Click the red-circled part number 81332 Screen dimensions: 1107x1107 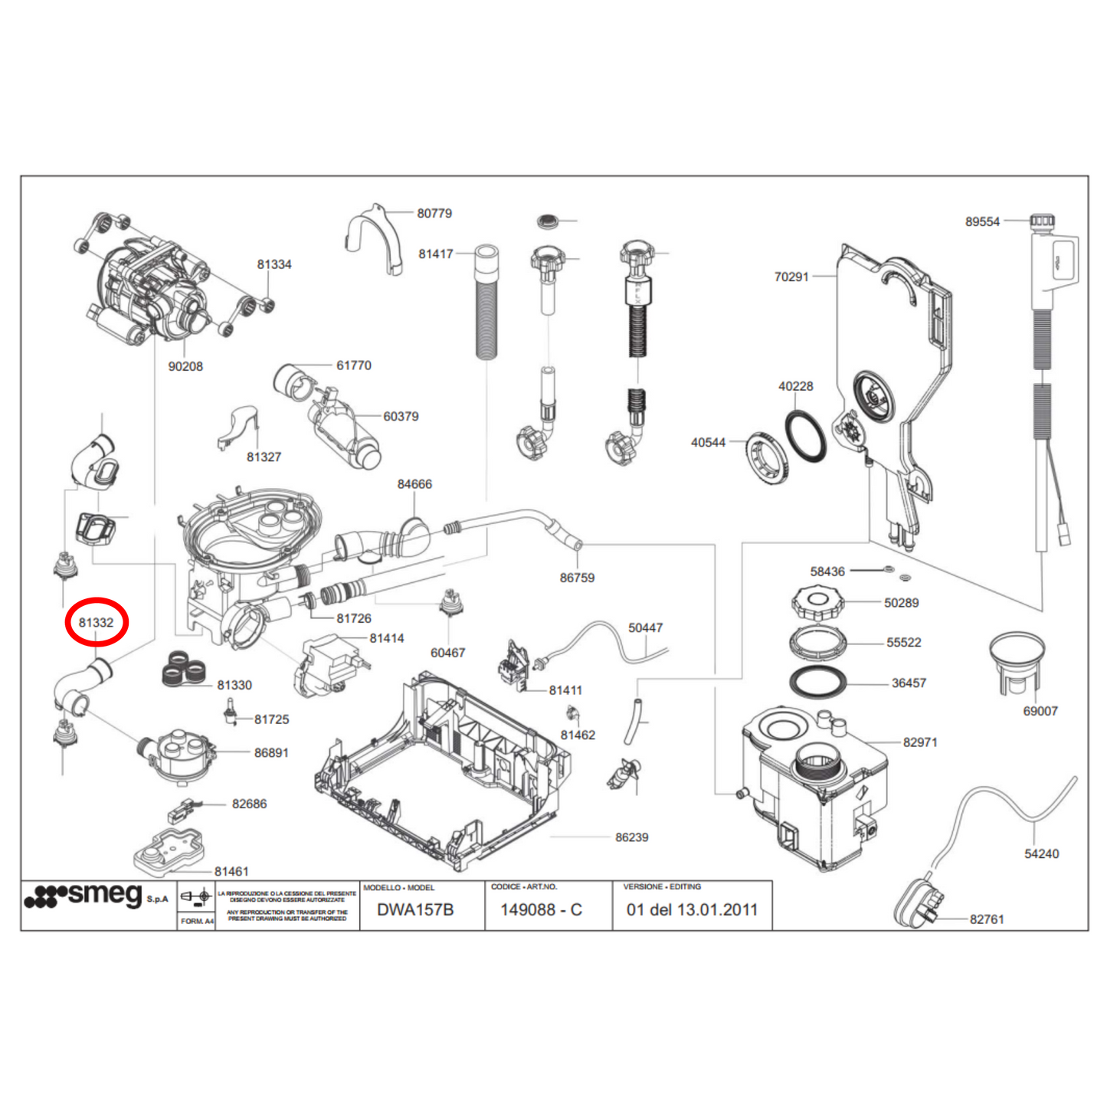[x=96, y=623]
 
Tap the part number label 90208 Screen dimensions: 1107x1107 [x=185, y=367]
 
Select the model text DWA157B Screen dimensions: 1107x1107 [x=415, y=910]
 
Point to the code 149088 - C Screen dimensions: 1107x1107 [x=541, y=910]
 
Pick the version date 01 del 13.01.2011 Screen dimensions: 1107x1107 [x=692, y=910]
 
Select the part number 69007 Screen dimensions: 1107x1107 [x=1040, y=712]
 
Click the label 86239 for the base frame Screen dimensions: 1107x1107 [x=631, y=838]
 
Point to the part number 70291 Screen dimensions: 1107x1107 [x=791, y=277]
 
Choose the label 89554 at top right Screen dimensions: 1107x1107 [x=982, y=222]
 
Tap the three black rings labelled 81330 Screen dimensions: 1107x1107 [x=184, y=668]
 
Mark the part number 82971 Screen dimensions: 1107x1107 [x=919, y=742]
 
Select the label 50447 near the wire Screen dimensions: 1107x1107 [x=645, y=628]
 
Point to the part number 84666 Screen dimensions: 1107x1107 [x=414, y=485]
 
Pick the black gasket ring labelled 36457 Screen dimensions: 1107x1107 [x=817, y=682]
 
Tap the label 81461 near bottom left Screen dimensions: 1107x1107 [x=231, y=872]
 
